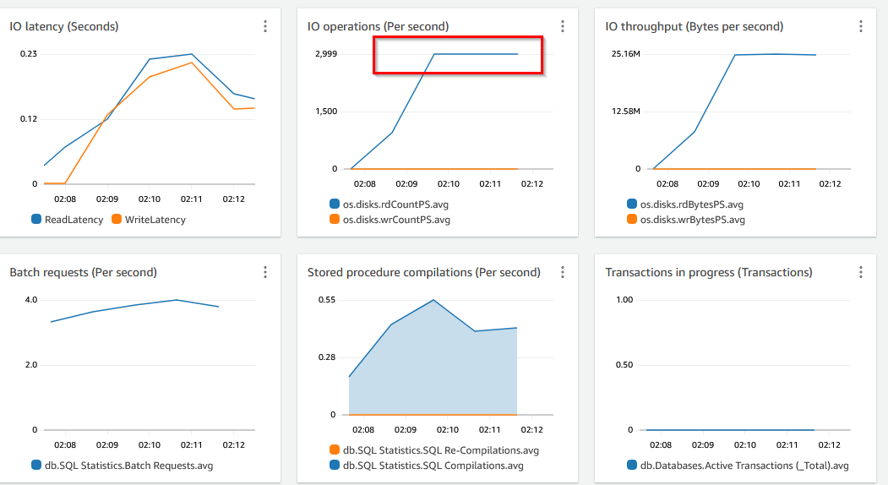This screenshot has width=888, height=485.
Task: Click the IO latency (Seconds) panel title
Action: (64, 26)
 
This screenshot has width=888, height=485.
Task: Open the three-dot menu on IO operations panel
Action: (563, 26)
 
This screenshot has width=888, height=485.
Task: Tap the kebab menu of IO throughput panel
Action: (861, 26)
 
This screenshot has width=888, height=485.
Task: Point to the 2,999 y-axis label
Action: (325, 54)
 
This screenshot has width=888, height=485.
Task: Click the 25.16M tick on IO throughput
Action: (626, 54)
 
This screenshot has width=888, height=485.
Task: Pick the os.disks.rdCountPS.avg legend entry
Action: (390, 204)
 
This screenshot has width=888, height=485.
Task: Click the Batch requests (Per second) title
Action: (83, 272)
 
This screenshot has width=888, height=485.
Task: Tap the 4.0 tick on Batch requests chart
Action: (31, 300)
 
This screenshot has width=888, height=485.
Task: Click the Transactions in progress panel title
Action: (709, 272)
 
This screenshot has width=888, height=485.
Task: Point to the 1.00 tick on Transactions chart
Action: (624, 300)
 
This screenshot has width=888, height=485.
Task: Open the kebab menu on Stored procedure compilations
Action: (563, 272)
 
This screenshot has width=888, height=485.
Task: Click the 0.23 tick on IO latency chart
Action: (28, 54)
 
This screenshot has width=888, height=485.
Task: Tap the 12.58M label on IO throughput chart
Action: (626, 112)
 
